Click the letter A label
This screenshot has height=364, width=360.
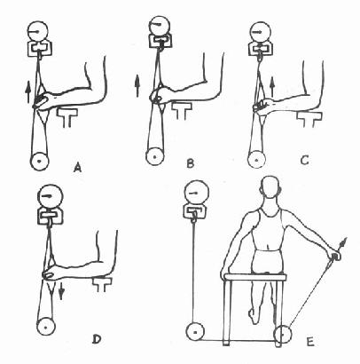[x=77, y=168]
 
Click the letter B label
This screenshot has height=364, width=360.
[x=191, y=163]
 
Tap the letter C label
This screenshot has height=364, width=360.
[x=304, y=161]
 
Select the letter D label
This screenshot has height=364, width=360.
[x=97, y=339]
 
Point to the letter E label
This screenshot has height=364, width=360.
[x=309, y=342]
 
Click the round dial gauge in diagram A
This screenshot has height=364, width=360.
[x=38, y=31]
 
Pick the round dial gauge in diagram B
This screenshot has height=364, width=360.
[x=160, y=25]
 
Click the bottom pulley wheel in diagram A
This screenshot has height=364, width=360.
[x=40, y=162]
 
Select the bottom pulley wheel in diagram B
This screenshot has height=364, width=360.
[x=154, y=156]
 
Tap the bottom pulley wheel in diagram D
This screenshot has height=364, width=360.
[x=46, y=328]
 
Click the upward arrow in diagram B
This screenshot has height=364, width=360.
[x=137, y=85]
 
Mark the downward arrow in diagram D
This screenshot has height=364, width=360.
[x=61, y=291]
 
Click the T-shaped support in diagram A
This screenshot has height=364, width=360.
[x=67, y=117]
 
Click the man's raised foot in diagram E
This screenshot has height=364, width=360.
[x=254, y=315]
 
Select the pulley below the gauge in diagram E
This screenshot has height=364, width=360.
[x=195, y=332]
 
